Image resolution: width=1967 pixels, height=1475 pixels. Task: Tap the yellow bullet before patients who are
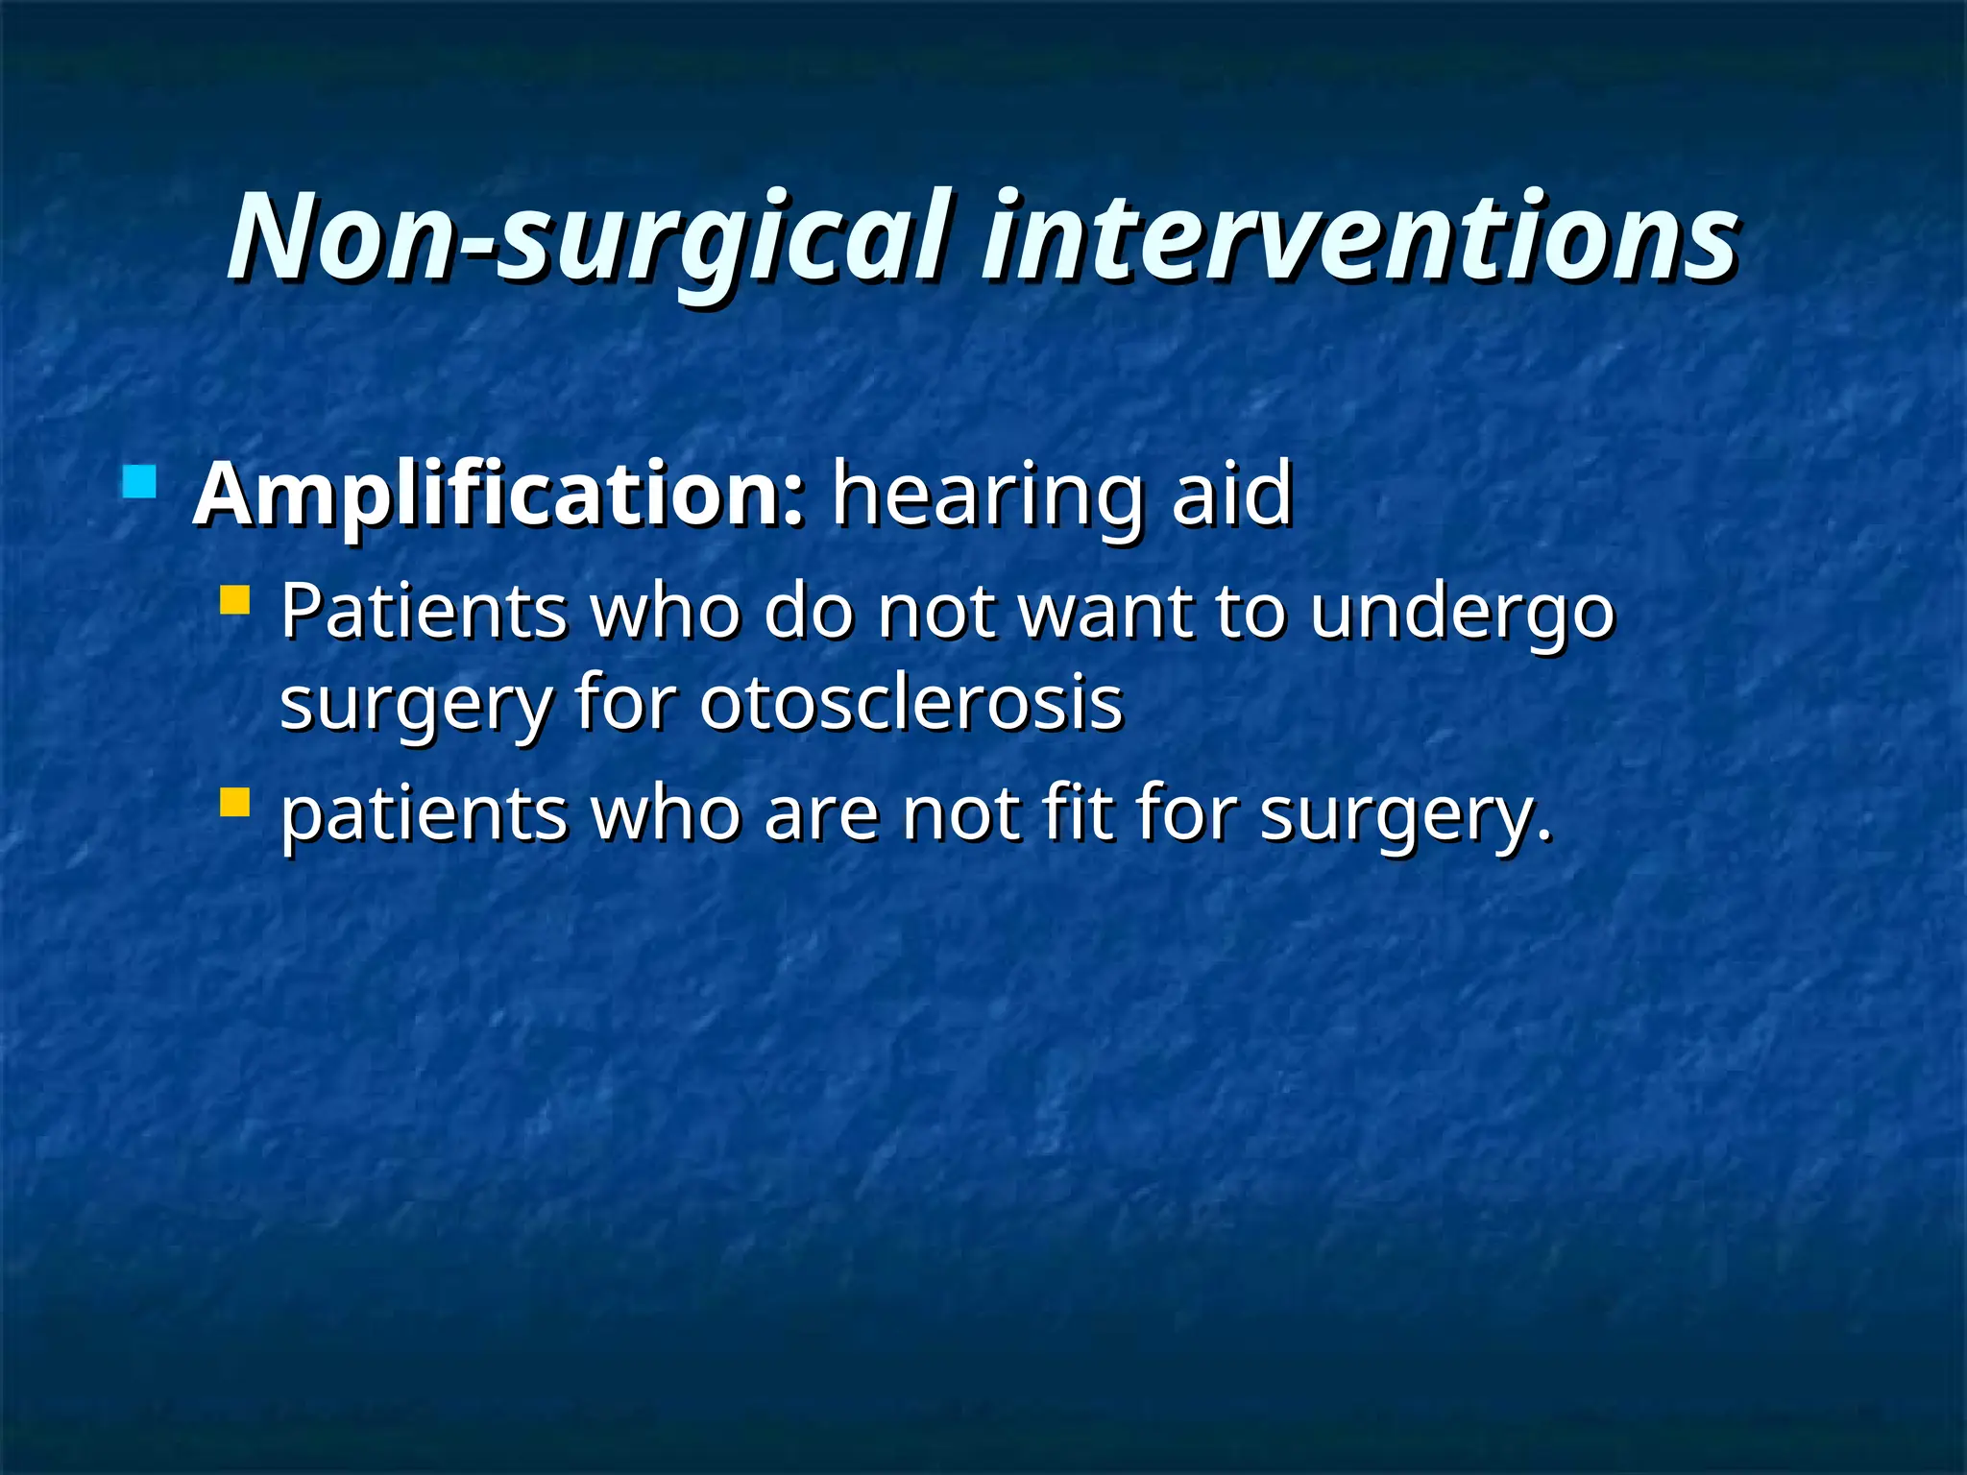(234, 802)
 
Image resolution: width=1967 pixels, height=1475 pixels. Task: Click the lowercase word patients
(424, 814)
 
